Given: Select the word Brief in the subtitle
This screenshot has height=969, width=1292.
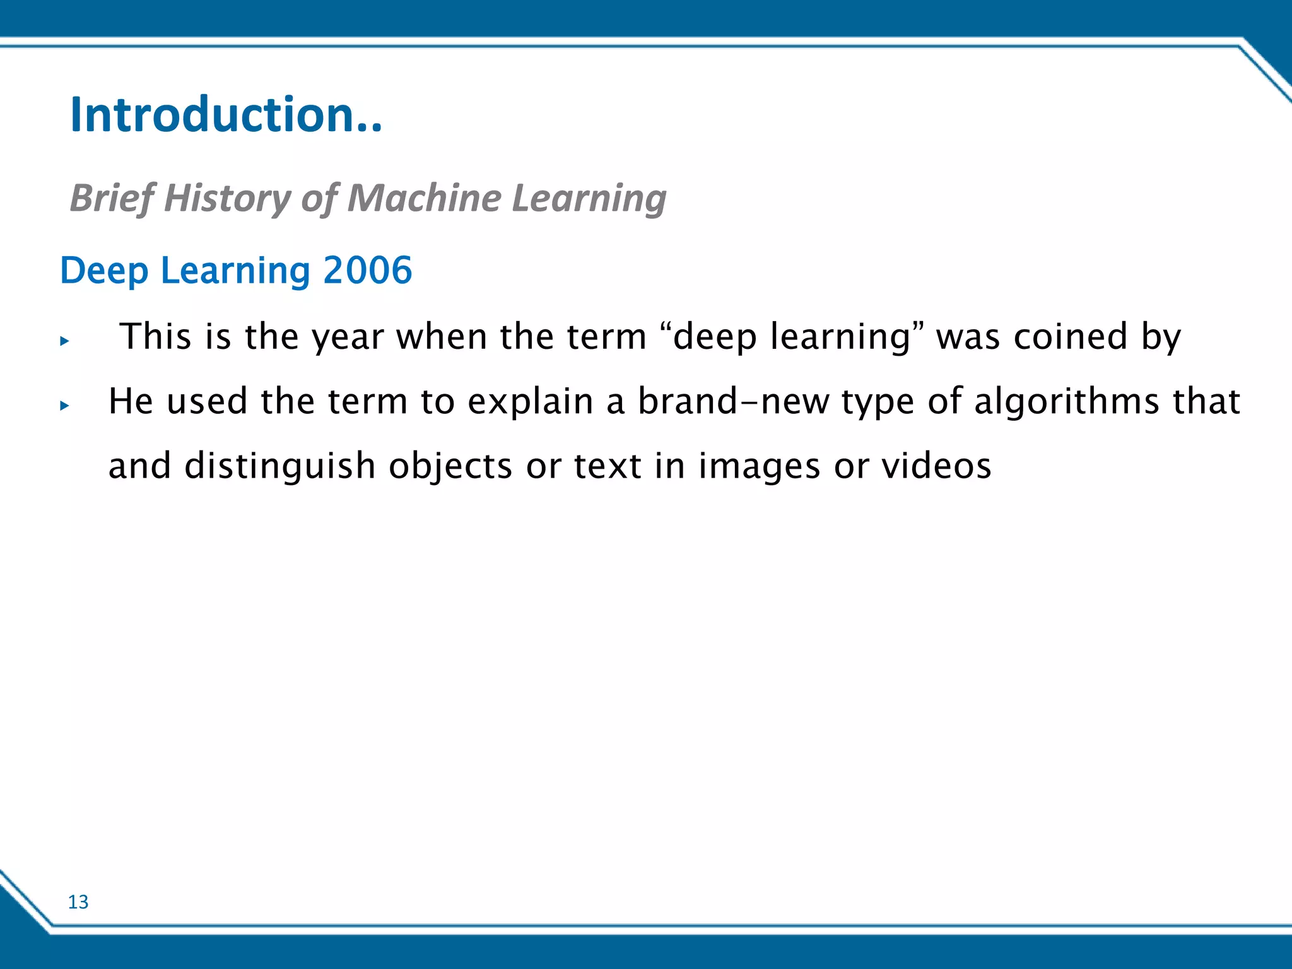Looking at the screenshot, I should pos(111,197).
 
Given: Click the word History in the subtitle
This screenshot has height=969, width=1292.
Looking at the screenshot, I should pos(226,197).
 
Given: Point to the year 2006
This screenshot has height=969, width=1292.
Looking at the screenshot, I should pos(367,270).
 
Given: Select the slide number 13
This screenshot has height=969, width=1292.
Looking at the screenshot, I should pos(78,902).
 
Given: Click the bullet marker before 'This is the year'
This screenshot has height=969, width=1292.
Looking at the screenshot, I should pos(64,341).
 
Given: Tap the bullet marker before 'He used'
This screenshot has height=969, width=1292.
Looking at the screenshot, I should pos(64,406).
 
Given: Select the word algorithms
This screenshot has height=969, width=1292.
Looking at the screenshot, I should pos(1067,402).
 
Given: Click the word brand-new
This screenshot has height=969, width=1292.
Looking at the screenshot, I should pos(733,402).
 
